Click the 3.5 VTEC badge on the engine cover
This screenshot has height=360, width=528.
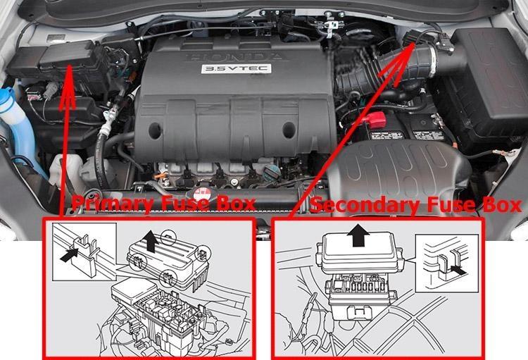pos(236,69)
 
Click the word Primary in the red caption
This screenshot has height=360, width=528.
pos(113,204)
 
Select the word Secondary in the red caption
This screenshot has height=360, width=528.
pos(365,205)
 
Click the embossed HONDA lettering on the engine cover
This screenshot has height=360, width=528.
pos(234,56)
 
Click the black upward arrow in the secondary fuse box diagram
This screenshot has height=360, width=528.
pos(359,235)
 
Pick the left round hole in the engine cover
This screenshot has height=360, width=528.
pos(155,131)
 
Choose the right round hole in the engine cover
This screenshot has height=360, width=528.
pos(289,130)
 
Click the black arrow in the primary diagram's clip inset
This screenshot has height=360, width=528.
pos(69,254)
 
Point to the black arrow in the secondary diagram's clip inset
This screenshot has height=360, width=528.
pos(458,270)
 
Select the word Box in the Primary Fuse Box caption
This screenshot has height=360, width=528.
pos(235,204)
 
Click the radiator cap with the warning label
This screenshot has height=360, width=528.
pos(201,195)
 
